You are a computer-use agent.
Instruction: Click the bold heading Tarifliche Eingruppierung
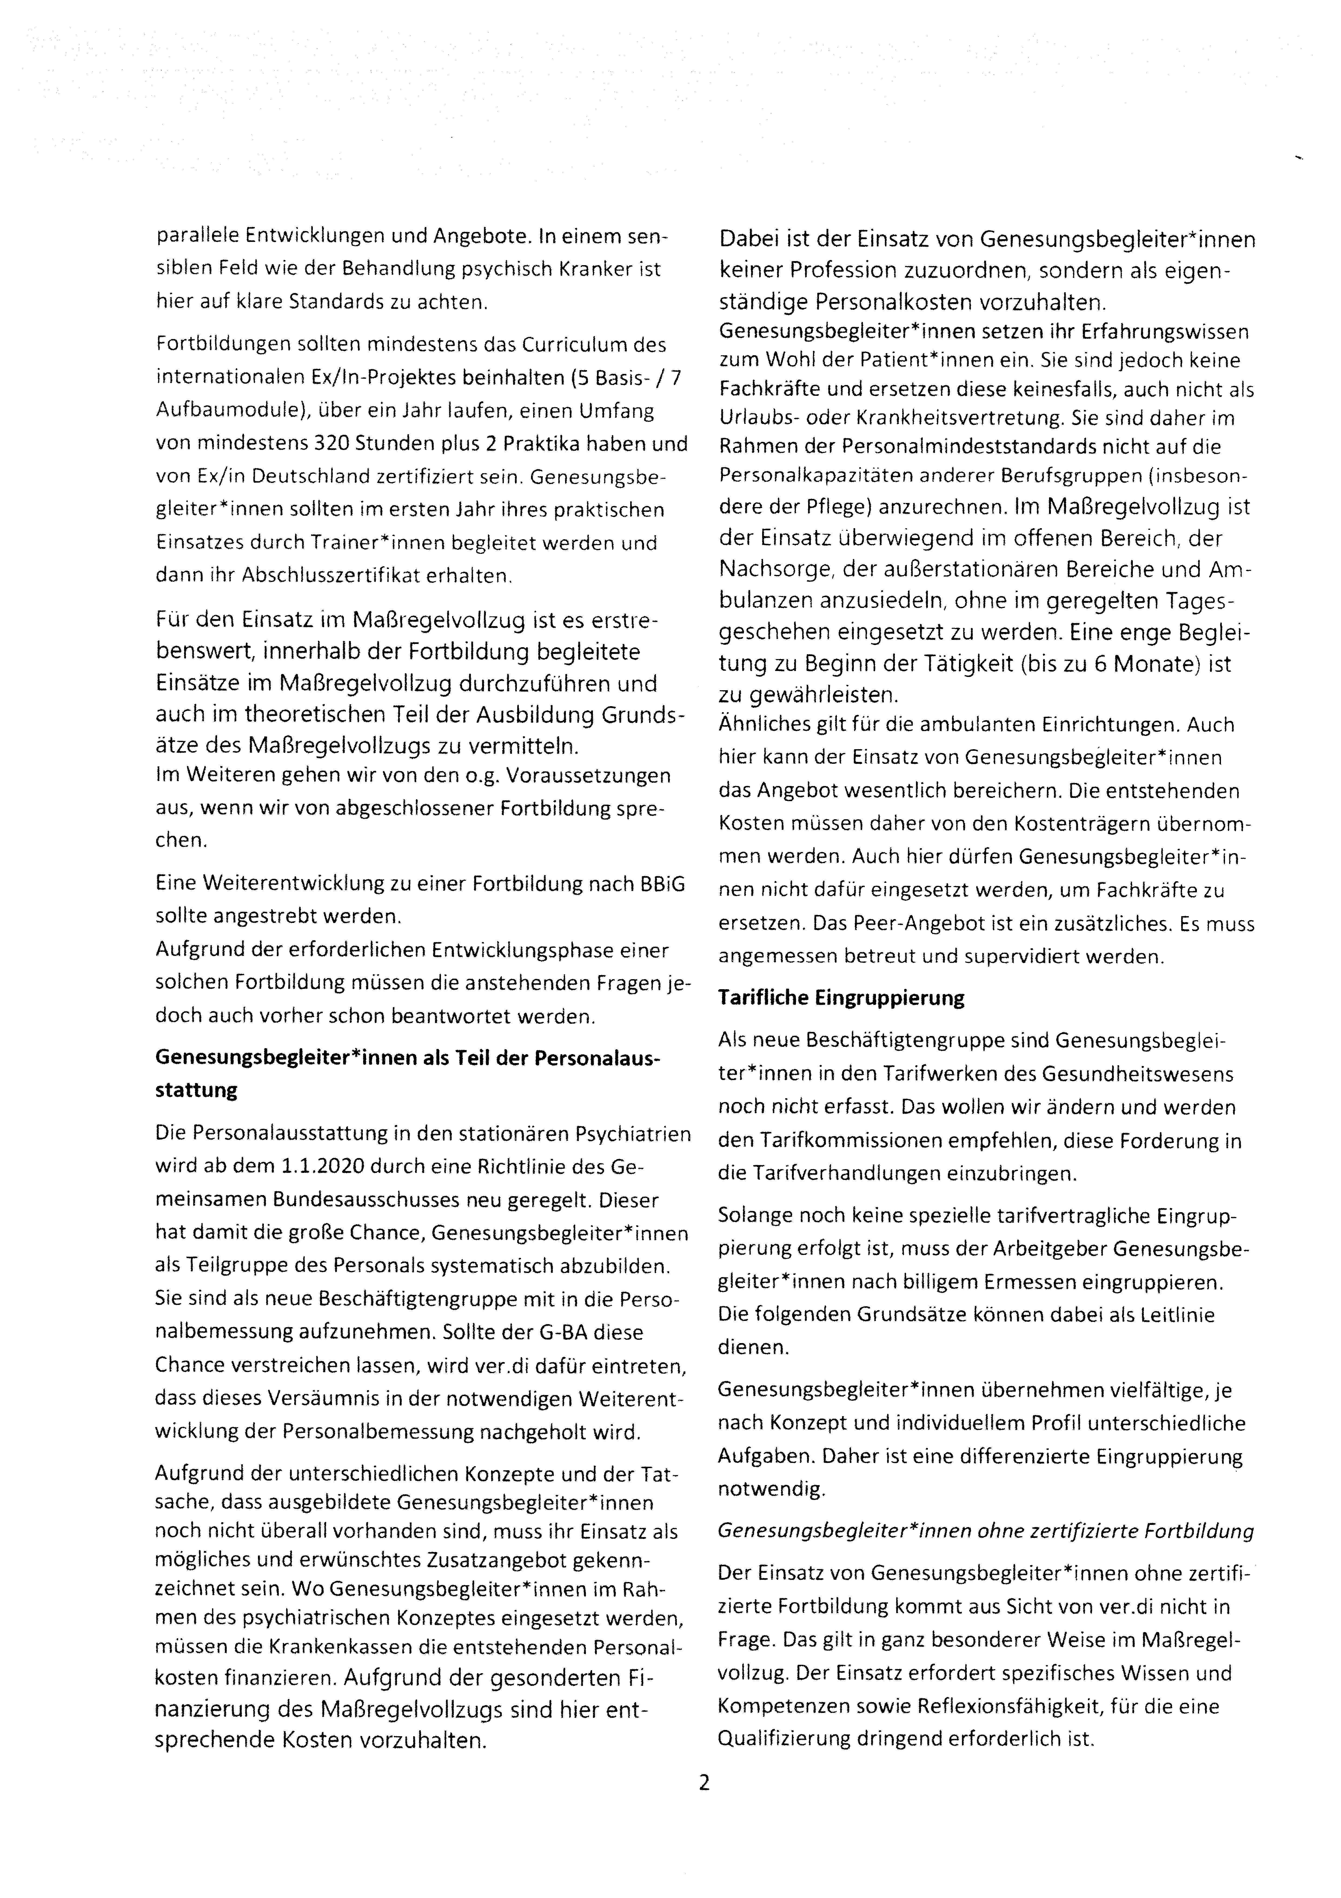[841, 998]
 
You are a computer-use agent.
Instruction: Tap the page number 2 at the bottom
[704, 1783]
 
